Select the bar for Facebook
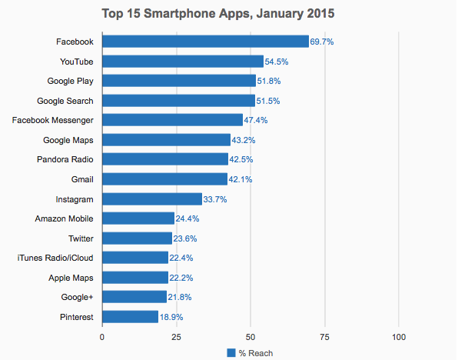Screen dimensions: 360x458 coord(205,41)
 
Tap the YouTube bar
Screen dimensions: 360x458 coord(183,61)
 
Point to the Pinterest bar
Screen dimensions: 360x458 coord(130,316)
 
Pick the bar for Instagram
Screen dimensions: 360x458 coord(151,198)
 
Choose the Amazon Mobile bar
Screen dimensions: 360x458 coord(138,218)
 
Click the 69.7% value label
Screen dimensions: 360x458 coord(321,42)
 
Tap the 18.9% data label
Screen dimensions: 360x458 coord(171,316)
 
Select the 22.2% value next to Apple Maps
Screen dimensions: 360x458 coord(181,277)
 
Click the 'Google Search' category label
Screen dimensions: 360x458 coord(66,100)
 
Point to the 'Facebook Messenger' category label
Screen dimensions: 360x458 coord(54,120)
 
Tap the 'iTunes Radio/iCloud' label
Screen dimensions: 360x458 coord(55,258)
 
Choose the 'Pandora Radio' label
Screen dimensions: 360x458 coord(66,159)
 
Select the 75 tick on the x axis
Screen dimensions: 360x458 coord(324,337)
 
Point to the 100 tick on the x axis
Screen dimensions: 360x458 coord(398,337)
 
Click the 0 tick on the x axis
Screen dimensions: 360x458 coord(102,337)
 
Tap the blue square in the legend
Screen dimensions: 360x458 coord(231,353)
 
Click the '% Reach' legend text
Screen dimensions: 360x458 coord(255,353)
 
